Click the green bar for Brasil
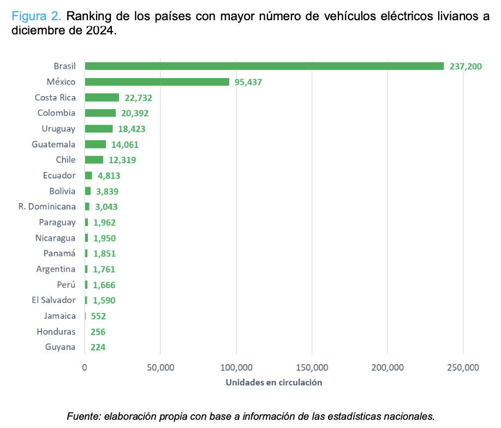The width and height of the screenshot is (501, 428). click(264, 66)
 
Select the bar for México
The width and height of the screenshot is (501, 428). click(157, 82)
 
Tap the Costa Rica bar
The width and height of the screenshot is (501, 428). click(102, 98)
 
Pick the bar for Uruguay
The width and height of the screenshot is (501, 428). click(98, 129)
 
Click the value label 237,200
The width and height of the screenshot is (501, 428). click(466, 67)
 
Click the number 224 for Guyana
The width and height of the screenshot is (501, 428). click(98, 347)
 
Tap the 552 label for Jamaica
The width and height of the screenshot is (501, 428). click(98, 316)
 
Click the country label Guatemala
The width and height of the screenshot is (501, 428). click(53, 145)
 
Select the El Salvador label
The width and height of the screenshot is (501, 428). click(53, 300)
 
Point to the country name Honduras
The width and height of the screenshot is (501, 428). click(56, 331)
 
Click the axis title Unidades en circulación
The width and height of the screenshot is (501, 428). click(273, 383)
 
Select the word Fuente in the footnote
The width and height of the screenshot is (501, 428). click(81, 417)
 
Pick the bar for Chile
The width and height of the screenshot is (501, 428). click(93, 160)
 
